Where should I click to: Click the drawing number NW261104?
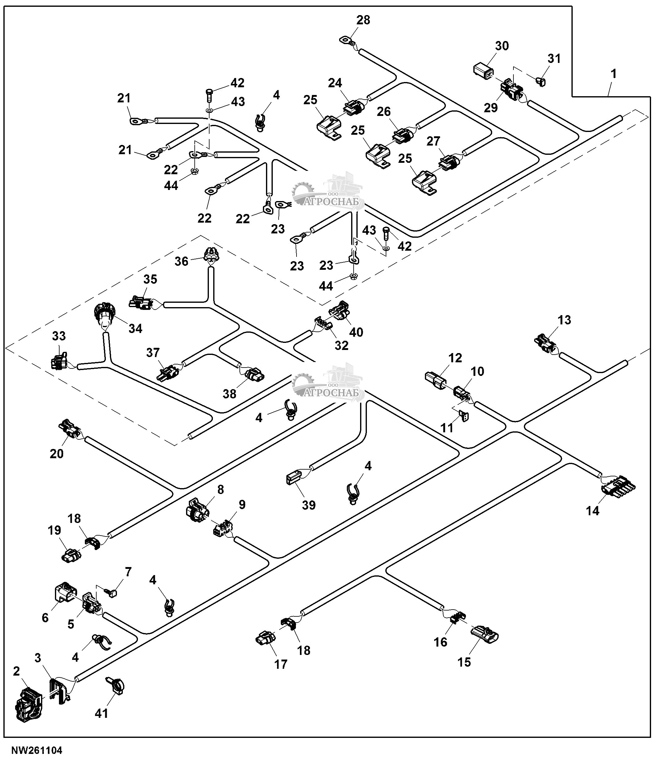pos(37,750)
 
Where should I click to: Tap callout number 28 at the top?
pos(363,20)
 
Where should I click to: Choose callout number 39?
pos(309,505)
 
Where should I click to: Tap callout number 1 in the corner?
pos(613,74)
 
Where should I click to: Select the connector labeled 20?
pos(69,429)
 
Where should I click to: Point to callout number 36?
pos(181,261)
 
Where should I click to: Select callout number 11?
pos(447,428)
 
